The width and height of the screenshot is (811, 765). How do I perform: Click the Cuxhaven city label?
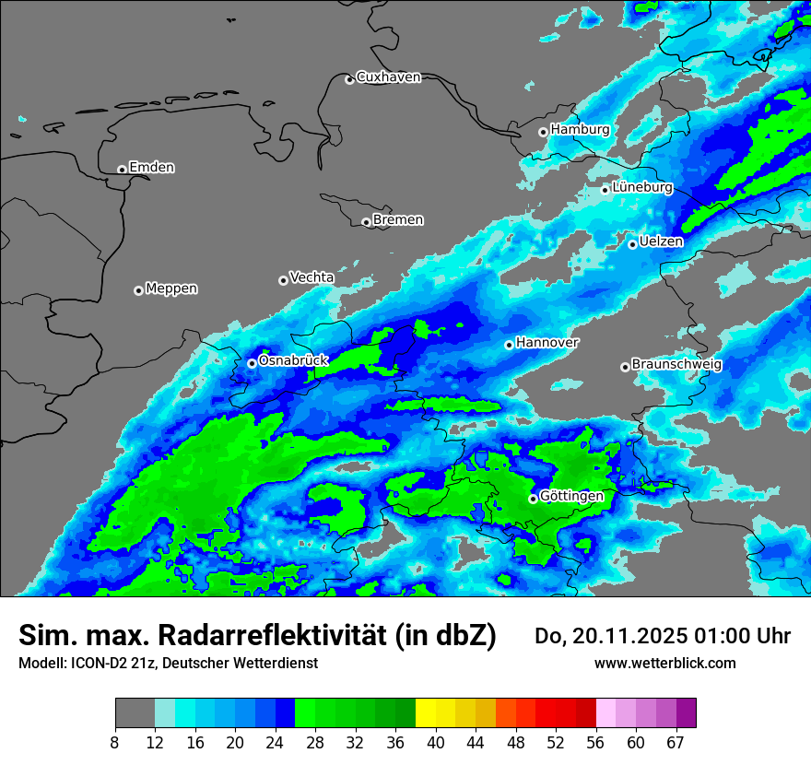[x=388, y=77]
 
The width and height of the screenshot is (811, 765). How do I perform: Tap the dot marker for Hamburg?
[x=544, y=132]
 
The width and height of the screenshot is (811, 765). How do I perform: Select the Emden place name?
[x=151, y=168]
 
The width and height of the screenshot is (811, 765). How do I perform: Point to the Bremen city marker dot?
[x=366, y=222]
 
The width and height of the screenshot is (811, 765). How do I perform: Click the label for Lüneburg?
[x=642, y=188]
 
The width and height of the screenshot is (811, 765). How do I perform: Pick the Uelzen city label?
[x=661, y=242]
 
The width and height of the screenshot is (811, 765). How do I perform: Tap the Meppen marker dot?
[x=138, y=290]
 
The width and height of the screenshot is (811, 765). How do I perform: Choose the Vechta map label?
[x=311, y=277]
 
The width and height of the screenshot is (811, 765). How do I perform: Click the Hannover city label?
[x=547, y=343]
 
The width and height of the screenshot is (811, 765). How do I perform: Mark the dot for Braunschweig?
[x=625, y=367]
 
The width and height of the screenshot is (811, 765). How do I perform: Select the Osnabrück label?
[x=293, y=360]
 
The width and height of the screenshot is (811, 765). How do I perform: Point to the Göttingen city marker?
[x=533, y=499]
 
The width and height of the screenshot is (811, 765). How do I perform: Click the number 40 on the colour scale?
[x=435, y=743]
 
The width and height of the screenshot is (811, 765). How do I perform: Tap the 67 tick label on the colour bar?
[x=675, y=743]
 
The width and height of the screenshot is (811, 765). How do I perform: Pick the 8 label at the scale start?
[x=115, y=743]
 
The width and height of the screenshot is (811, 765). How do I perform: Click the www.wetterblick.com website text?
[x=664, y=663]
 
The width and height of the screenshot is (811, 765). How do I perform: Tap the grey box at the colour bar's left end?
[x=135, y=713]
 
